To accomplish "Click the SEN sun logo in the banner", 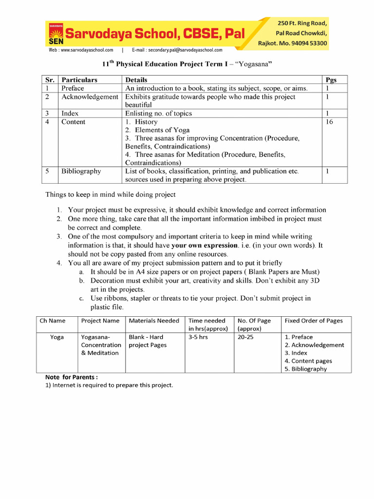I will [x=56, y=33].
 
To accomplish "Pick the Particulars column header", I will [x=79, y=80].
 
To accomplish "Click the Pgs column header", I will [x=330, y=80].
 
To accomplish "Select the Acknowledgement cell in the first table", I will [x=90, y=97].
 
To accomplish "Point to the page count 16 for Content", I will [x=329, y=122].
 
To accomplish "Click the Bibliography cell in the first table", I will [x=81, y=171].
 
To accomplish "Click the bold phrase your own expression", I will [x=205, y=245].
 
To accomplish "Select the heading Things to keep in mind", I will [x=110, y=195].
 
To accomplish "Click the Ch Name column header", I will [x=53, y=321].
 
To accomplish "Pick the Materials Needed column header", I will [x=154, y=321].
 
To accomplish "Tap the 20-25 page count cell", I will [x=245, y=337].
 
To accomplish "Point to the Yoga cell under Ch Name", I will [x=57, y=337].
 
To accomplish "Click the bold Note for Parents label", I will [x=72, y=377].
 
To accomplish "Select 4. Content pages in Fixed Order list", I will [x=308, y=361].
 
